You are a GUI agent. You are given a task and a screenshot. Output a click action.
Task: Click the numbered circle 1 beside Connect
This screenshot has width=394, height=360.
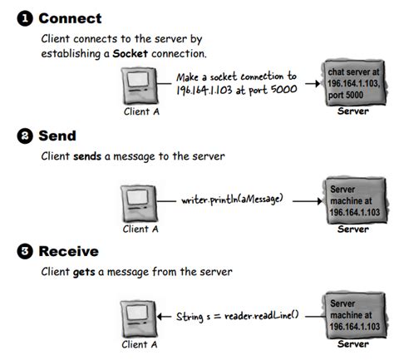coord(14,17)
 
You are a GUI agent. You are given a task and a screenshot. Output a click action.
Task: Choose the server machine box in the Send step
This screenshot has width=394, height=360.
coord(351,202)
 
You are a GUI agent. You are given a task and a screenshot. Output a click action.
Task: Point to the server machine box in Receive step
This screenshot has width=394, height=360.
coord(351,316)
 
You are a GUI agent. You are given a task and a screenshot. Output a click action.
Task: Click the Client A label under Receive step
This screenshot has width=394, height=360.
coord(140,343)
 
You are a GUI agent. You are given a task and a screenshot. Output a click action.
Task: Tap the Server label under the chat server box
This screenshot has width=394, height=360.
coord(352,111)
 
